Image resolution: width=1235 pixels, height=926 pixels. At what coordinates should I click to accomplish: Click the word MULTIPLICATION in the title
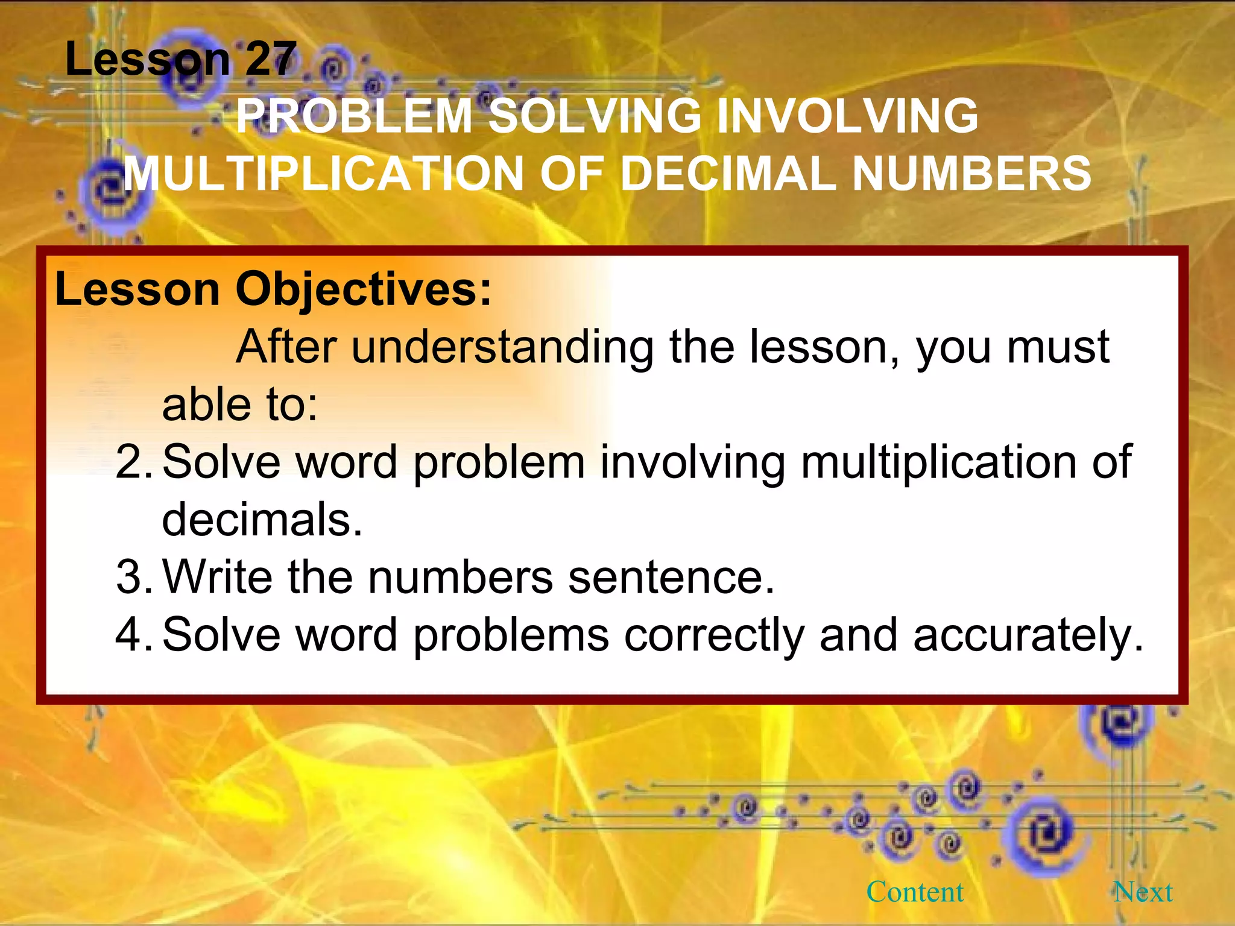[323, 174]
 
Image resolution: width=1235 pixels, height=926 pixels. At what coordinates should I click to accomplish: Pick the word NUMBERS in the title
[971, 174]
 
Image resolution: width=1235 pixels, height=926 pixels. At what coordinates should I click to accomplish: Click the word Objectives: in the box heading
[364, 289]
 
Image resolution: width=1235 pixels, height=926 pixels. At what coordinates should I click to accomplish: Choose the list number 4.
[133, 635]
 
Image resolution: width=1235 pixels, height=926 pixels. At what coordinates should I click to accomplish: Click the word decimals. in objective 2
[262, 520]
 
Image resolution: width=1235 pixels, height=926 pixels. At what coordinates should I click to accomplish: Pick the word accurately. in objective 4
[1028, 635]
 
